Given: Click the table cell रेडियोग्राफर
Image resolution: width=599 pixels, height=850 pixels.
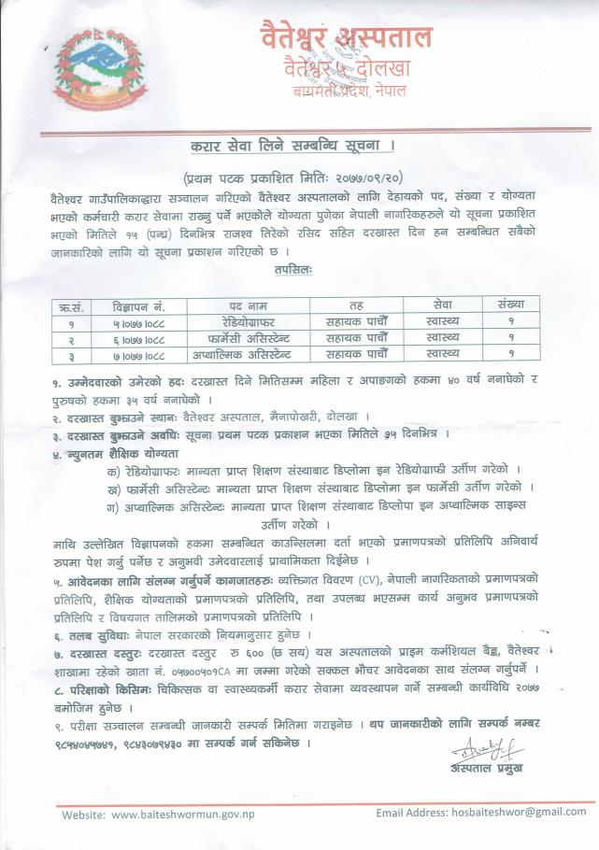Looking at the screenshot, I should click(248, 321).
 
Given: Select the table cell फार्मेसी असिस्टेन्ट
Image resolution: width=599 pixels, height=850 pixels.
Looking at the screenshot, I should click(248, 337).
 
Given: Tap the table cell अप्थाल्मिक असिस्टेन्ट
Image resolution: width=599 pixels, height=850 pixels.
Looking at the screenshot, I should click(248, 354).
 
